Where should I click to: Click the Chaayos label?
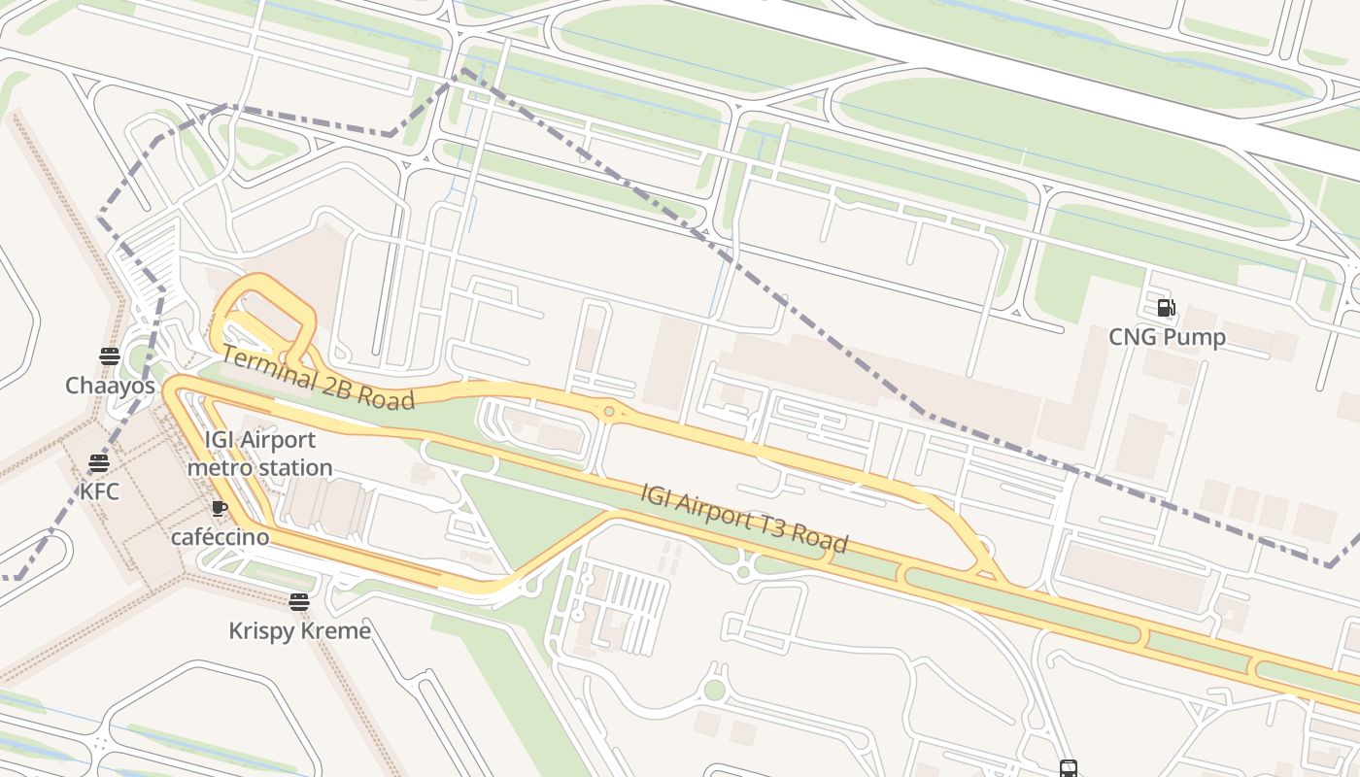coord(110,386)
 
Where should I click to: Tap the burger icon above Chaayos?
coord(110,356)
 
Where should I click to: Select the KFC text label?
coord(99,491)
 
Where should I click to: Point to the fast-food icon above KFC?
coord(99,462)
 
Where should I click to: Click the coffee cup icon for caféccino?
coord(220,508)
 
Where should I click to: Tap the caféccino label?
coord(221,537)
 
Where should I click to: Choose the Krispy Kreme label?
coord(299,630)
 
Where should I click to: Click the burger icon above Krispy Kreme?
coord(299,602)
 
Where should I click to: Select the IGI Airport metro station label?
coord(259,454)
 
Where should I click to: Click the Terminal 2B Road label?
coord(318,377)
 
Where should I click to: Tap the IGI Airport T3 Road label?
coord(744,517)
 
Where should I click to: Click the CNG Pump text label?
coord(1167,337)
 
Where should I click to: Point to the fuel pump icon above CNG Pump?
coord(1166,309)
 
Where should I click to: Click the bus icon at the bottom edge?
coord(1069,769)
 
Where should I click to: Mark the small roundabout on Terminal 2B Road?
coord(609,412)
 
